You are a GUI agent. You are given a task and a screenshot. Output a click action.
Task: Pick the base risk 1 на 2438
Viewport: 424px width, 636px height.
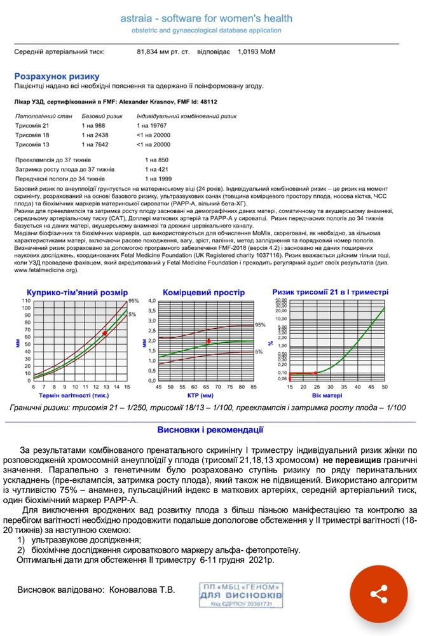coord(95,135)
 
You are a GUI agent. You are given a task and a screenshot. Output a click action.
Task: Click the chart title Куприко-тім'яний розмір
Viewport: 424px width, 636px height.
coord(77,293)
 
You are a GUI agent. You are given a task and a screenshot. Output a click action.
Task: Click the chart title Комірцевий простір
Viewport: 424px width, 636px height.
coord(203,293)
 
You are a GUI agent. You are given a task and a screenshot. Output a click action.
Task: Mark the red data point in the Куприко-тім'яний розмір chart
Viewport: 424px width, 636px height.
coord(105,333)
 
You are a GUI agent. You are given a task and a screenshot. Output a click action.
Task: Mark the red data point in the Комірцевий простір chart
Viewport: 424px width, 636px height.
coord(209,341)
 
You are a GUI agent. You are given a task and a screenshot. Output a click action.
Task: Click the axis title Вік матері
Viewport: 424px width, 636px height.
coord(336,396)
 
